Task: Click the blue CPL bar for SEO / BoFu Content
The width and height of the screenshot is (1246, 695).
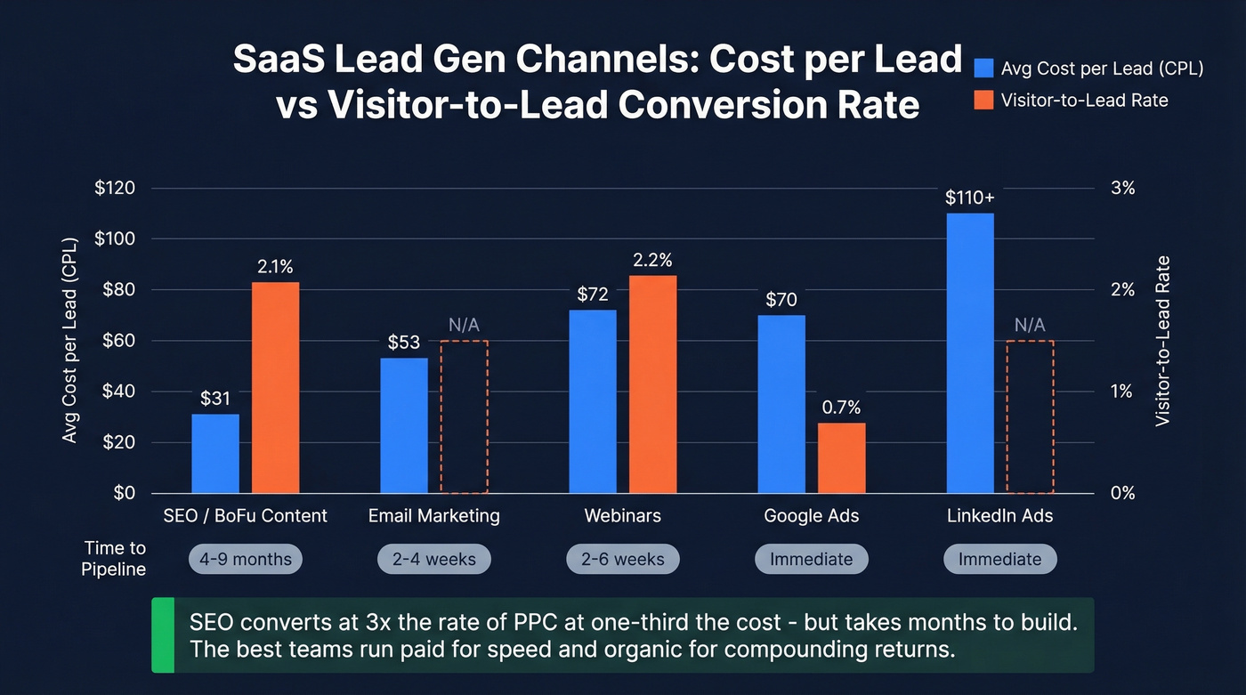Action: pyautogui.click(x=215, y=453)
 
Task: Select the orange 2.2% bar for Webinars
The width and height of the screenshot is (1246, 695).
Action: pyautogui.click(x=652, y=384)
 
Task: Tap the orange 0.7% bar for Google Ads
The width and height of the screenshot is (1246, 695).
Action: pyautogui.click(x=841, y=457)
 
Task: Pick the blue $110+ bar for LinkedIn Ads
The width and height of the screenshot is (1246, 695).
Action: pyautogui.click(x=970, y=352)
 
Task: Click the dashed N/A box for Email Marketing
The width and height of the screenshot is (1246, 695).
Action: pyautogui.click(x=464, y=416)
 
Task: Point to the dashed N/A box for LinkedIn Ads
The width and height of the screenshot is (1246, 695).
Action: pyautogui.click(x=1030, y=416)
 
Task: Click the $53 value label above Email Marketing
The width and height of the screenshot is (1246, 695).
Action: pyautogui.click(x=404, y=343)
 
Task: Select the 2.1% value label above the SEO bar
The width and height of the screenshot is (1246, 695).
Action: pyautogui.click(x=275, y=266)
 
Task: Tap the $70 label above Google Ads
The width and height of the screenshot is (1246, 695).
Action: pyautogui.click(x=781, y=300)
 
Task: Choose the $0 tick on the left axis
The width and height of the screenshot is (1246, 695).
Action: pyautogui.click(x=124, y=493)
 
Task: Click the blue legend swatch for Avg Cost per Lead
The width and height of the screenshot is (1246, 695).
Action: pyautogui.click(x=983, y=69)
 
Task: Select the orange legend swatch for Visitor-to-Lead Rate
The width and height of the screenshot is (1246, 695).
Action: pyautogui.click(x=983, y=100)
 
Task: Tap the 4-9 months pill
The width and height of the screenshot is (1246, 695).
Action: pyautogui.click(x=246, y=560)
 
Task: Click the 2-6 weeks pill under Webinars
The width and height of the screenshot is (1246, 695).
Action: pyautogui.click(x=622, y=560)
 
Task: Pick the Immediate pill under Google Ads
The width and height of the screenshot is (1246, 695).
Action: pyautogui.click(x=811, y=560)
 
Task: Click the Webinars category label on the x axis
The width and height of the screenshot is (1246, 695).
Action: pyautogui.click(x=622, y=516)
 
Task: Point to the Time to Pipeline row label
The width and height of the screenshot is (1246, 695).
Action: pyautogui.click(x=115, y=558)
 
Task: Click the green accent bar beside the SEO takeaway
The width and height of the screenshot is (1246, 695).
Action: pyautogui.click(x=163, y=634)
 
